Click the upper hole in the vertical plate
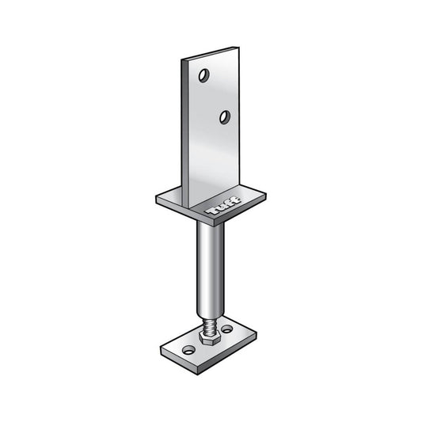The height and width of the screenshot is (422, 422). click(204, 75)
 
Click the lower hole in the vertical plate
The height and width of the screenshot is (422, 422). click(225, 117)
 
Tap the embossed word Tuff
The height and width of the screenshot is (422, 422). click(223, 206)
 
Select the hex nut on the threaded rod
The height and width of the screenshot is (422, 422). click(209, 337)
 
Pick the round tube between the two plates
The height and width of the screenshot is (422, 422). click(211, 269)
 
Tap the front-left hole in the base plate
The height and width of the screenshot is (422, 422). click(188, 350)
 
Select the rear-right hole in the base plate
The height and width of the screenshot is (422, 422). click(227, 329)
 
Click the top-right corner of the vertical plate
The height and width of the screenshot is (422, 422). click(239, 48)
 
